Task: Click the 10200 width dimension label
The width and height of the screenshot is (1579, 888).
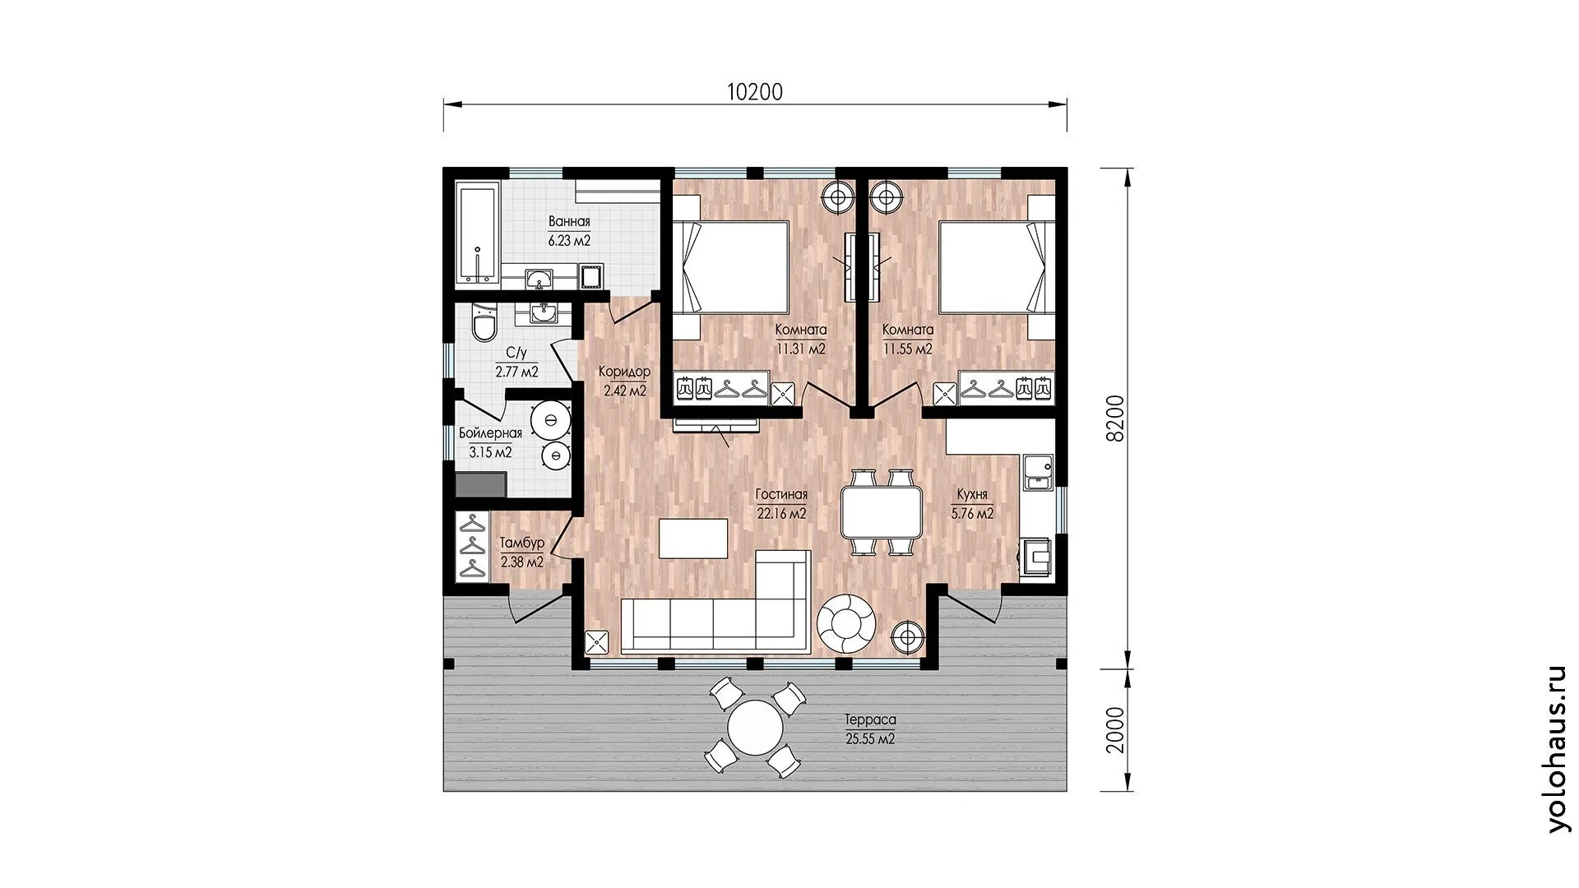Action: pos(755,92)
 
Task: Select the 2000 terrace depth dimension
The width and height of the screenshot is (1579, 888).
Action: pos(1114,729)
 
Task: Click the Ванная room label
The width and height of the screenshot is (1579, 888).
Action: pos(569,221)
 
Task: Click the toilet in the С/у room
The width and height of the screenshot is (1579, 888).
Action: pos(484,322)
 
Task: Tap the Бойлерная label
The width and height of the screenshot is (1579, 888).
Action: pos(490,433)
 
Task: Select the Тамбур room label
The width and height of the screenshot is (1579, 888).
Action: pos(521,543)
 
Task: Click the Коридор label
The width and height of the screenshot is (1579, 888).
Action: pos(624,372)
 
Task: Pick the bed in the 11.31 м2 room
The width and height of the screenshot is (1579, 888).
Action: pos(731,266)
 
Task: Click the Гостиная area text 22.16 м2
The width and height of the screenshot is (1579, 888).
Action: pos(781,514)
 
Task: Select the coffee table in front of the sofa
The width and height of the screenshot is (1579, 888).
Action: pos(694,539)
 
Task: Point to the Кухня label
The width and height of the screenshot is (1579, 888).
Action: pos(972,495)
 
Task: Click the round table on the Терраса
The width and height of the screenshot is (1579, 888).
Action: pos(755,728)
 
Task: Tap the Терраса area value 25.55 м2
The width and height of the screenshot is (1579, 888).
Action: pos(870,739)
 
